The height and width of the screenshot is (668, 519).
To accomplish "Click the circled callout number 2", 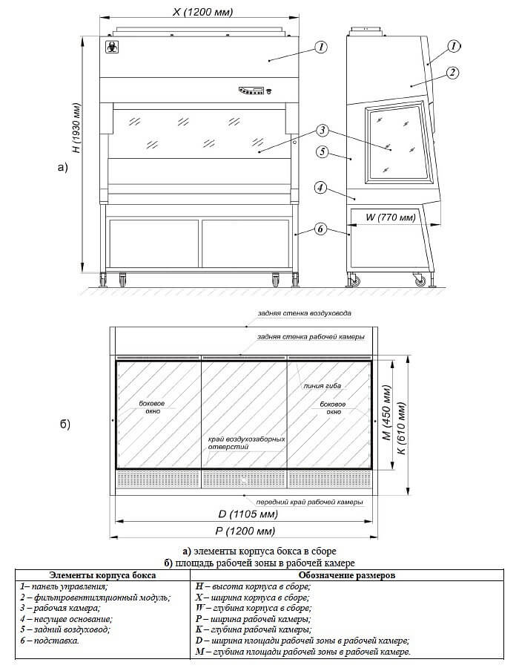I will pyautogui.click(x=452, y=72).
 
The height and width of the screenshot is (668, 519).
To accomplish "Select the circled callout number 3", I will pyautogui.click(x=322, y=131).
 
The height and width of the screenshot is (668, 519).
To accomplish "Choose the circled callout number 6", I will pyautogui.click(x=320, y=229).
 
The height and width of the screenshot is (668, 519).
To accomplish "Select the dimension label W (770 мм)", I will pyautogui.click(x=391, y=217).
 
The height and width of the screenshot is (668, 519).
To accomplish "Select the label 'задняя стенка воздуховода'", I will pyautogui.click(x=300, y=314).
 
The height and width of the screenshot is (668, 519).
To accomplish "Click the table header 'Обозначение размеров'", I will pyautogui.click(x=346, y=574).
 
